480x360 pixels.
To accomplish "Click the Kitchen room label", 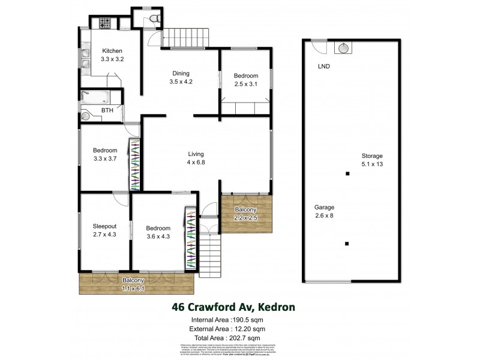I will point(112,50).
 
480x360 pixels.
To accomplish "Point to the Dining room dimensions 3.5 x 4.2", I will point(181,81).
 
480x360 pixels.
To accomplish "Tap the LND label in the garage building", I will point(323,66).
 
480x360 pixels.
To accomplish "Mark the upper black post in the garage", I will point(347,175).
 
